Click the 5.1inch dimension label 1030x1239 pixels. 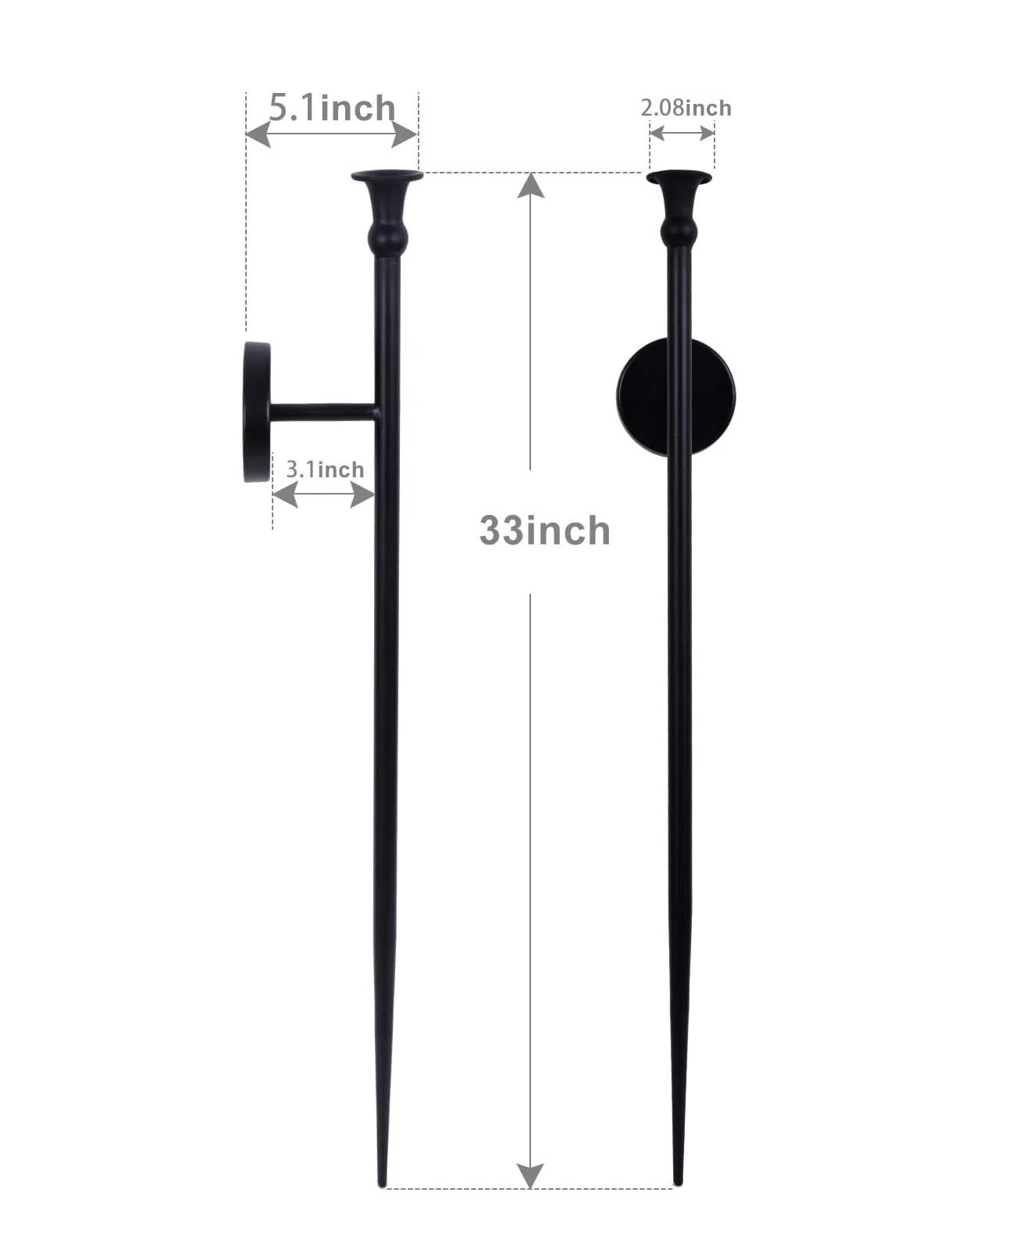click(332, 108)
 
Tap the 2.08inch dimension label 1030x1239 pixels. click(686, 108)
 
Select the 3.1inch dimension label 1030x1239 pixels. click(325, 470)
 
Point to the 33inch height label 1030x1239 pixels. click(544, 531)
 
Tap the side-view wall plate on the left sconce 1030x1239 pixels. click(255, 412)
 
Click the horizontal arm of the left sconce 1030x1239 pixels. click(322, 412)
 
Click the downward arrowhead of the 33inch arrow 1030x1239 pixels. click(530, 1174)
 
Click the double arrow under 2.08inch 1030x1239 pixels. click(682, 134)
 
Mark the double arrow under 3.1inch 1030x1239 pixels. click(323, 495)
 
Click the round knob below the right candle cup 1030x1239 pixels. click(679, 230)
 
